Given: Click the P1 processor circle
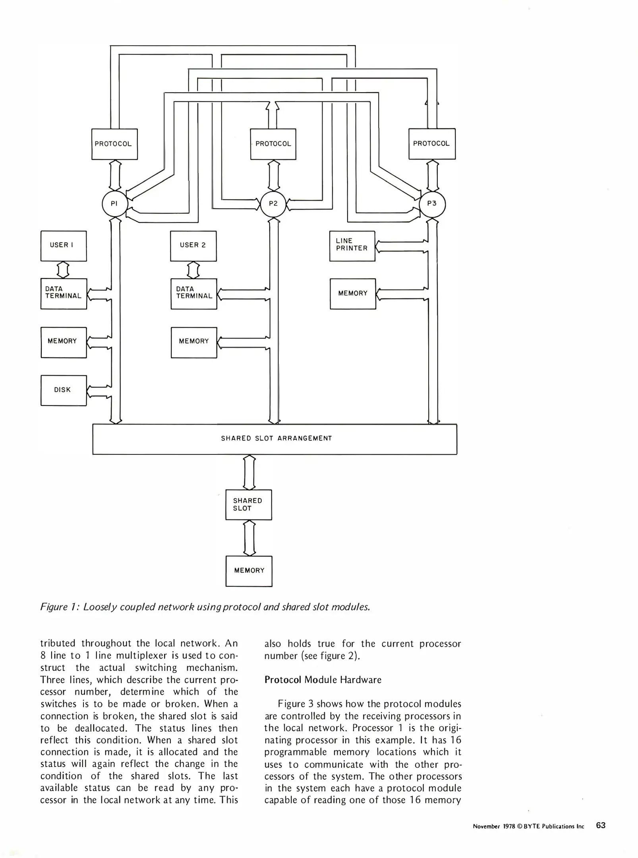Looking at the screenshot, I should (114, 204).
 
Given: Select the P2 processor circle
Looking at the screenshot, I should (273, 204).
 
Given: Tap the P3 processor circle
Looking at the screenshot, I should (432, 204).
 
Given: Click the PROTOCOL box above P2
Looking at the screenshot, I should (273, 144).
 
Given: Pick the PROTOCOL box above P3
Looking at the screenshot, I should (432, 144).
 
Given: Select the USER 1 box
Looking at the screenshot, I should (64, 245).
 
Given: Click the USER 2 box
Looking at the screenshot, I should (193, 245).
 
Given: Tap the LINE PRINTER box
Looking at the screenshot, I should (352, 245).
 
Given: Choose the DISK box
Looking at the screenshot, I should (64, 390).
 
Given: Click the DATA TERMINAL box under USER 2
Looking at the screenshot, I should (194, 294).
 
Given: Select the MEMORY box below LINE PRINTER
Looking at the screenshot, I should (352, 294).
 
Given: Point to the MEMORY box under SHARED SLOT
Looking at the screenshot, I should (249, 571).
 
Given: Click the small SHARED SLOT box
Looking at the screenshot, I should (249, 504).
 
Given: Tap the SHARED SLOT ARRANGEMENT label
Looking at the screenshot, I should (276, 439).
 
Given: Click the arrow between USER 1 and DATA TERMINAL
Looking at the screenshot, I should (63, 270).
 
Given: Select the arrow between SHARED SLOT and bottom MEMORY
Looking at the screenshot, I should (249, 538).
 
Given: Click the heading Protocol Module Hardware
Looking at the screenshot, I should (323, 680).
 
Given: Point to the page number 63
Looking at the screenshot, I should (601, 825).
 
